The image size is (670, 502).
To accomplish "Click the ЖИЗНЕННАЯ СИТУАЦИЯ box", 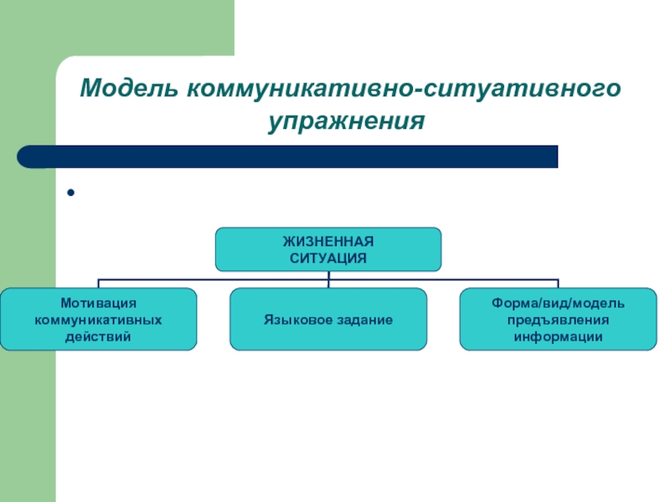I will pos(328,249).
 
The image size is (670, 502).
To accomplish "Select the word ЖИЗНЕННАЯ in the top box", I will pos(328,242).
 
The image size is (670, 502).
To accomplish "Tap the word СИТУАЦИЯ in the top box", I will pos(328,258).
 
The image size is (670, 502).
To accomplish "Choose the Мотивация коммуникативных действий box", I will pos(98,319).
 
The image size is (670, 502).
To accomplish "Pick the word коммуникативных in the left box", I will pos(98,319).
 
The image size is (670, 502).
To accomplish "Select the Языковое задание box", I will pos(328,319).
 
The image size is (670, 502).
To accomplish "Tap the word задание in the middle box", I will pos(361,320).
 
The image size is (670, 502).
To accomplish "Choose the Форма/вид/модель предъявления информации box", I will pos(559,319).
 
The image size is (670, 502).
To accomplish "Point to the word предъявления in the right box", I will pos(559,319).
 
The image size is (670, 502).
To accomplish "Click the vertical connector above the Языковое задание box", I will pos(328,283).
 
